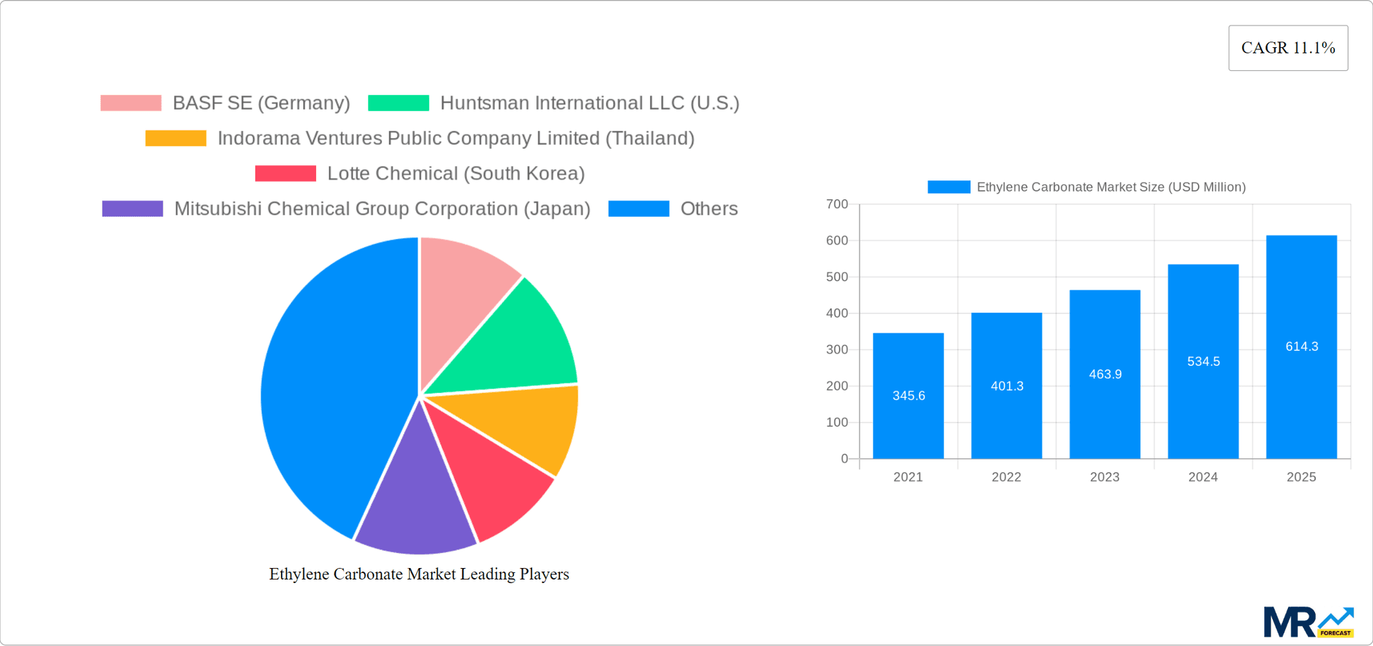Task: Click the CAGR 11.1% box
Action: click(x=1288, y=48)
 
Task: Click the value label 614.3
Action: click(x=1301, y=347)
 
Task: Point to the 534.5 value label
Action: click(x=1204, y=362)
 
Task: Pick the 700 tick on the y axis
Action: click(x=837, y=205)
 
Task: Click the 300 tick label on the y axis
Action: click(x=837, y=350)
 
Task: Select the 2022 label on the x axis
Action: click(x=1006, y=477)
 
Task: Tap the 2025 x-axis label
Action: click(x=1301, y=477)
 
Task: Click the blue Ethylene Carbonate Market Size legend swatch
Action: click(x=948, y=187)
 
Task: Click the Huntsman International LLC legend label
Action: click(x=589, y=103)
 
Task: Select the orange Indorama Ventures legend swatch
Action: click(x=176, y=138)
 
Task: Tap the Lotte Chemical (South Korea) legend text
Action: click(x=456, y=174)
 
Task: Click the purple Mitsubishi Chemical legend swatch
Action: click(x=132, y=209)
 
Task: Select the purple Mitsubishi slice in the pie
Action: click(x=415, y=501)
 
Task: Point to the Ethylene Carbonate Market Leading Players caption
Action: click(x=419, y=574)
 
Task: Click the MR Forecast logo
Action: click(x=1308, y=622)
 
